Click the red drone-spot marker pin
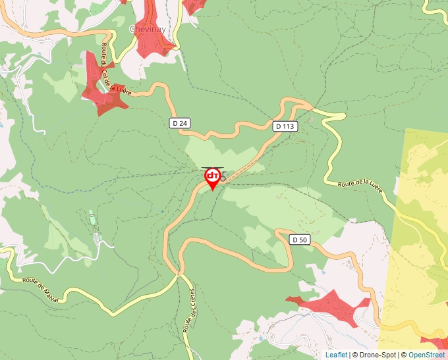pos(213,178)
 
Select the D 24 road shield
pos(179,122)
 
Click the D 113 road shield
pos(285,126)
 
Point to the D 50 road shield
pos(300,240)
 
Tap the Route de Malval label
pos(41,289)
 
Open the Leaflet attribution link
pos(336,355)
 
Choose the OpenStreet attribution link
pos(427,355)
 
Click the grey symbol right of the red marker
pos(223,178)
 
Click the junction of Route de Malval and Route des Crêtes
pos(179,276)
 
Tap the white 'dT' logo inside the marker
pos(213,175)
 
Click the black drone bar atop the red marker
pos(212,168)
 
